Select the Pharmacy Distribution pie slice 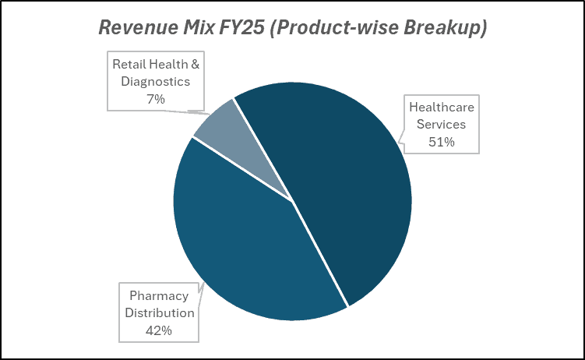241,249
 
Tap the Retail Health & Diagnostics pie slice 217,125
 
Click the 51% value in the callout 442,142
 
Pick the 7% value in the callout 156,99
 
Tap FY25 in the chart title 241,28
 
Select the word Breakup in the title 446,28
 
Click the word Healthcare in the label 442,108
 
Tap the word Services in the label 442,125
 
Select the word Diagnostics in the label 156,81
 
